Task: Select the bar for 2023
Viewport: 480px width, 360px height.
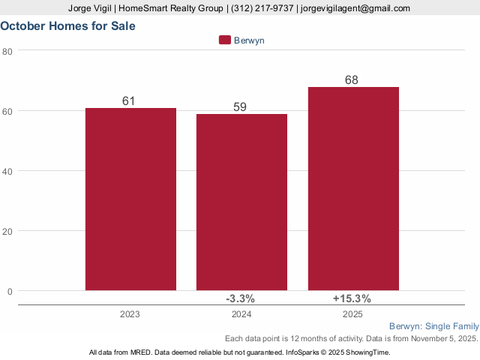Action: tap(130, 199)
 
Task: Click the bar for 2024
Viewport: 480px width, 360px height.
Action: tap(241, 202)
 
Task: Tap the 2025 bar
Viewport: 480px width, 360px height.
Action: tap(353, 188)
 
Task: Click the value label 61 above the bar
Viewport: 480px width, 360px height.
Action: tap(128, 100)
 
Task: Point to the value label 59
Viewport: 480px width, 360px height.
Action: tap(240, 106)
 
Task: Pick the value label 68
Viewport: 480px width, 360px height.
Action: tap(352, 79)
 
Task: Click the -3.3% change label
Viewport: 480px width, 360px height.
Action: tap(241, 298)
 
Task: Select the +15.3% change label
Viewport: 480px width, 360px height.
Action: tap(352, 298)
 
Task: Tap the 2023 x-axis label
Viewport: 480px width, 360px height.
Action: tap(130, 314)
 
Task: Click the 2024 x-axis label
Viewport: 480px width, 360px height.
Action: tap(241, 314)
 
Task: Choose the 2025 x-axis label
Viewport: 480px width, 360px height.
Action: tap(352, 314)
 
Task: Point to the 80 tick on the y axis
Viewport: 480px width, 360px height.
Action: tap(7, 51)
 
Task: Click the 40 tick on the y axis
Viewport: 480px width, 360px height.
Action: tap(7, 171)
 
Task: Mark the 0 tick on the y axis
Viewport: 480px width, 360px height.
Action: tap(10, 291)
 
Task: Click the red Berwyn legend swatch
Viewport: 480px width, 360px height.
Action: tap(224, 40)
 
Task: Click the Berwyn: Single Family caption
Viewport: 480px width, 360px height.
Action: tap(434, 326)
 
